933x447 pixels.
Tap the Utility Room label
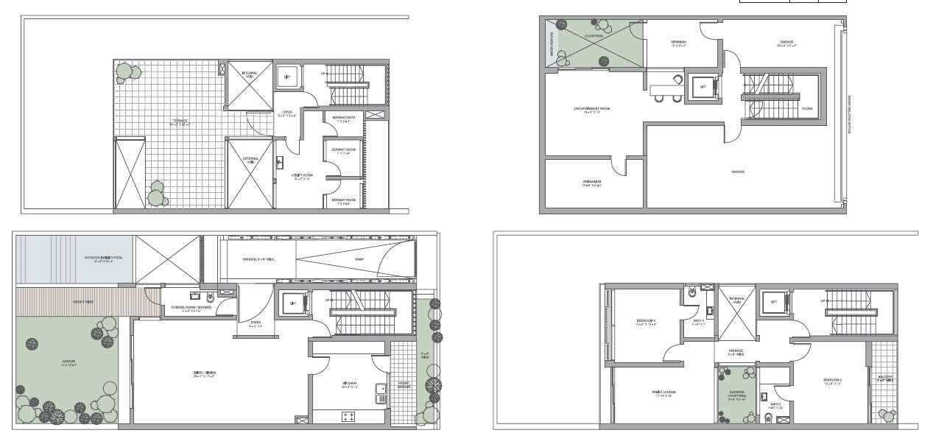pos(303,176)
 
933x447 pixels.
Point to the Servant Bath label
pos(343,119)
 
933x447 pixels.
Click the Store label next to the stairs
pos(807,108)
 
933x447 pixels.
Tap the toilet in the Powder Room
pos(211,299)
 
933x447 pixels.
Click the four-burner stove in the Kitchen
pos(348,417)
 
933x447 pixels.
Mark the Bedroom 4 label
pos(646,322)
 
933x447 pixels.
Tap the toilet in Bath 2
pos(769,419)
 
